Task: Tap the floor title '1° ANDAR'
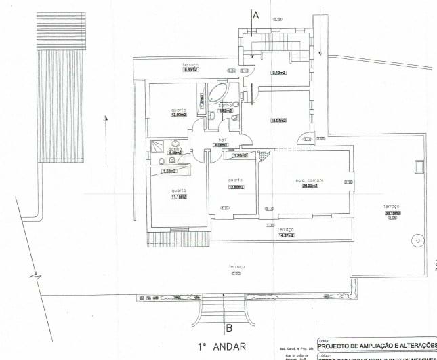(217, 344)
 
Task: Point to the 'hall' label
(221, 140)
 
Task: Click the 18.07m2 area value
(278, 121)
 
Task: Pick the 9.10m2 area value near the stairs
(279, 73)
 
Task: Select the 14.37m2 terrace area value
(286, 235)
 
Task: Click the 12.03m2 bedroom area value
(178, 115)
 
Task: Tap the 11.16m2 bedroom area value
(179, 196)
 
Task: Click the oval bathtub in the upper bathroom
(218, 94)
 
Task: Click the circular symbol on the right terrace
(419, 240)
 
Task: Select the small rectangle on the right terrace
(418, 165)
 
